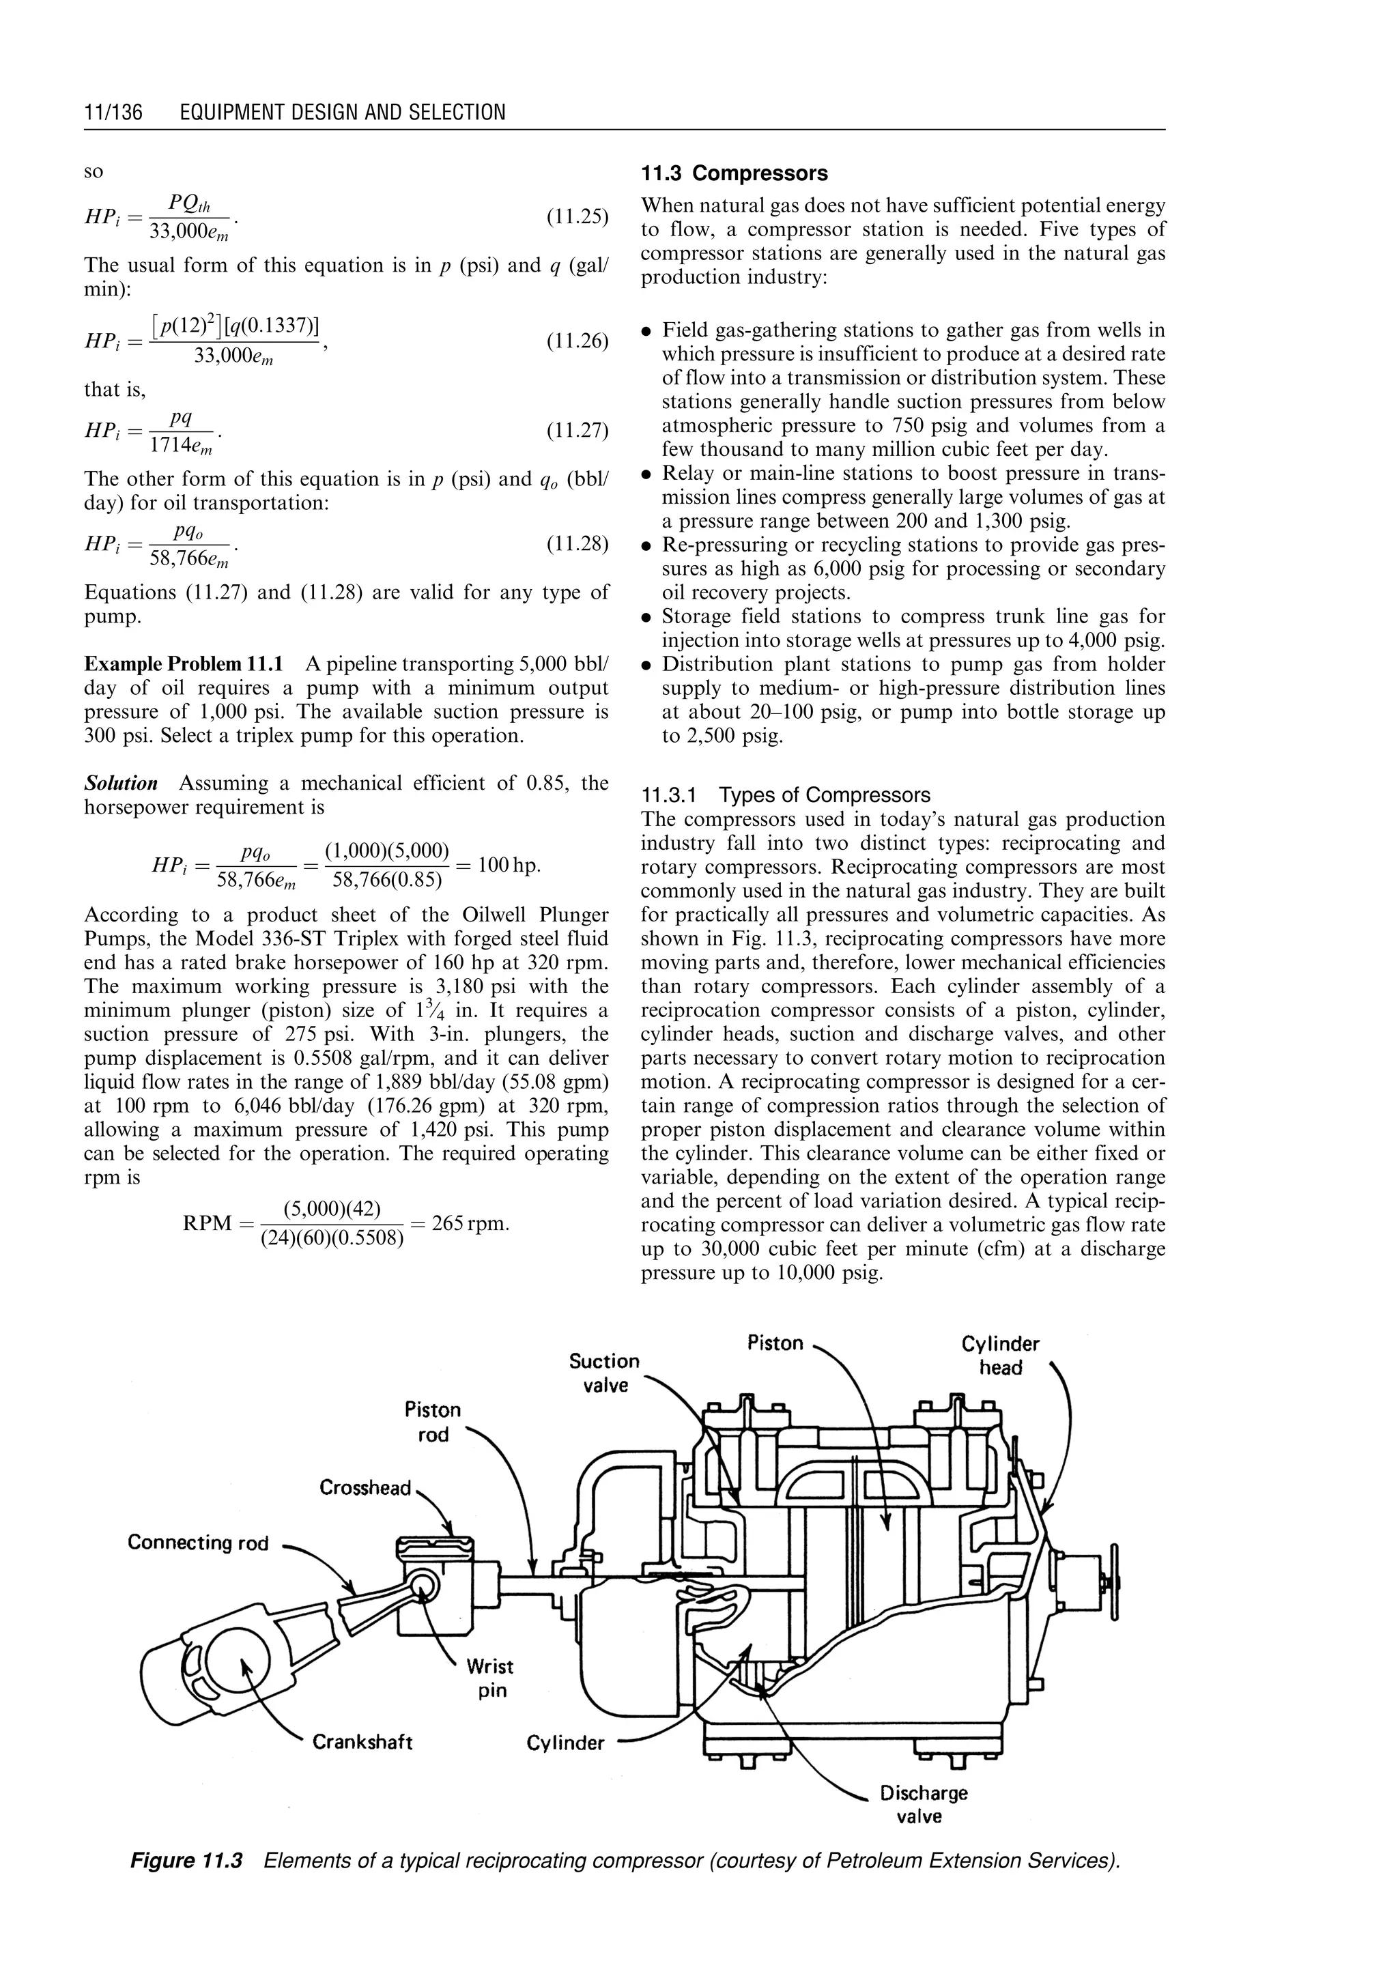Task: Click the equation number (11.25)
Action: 577,216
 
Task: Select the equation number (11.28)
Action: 577,544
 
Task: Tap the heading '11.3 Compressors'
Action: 734,173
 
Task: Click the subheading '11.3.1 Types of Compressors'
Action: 786,795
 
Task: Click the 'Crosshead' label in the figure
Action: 365,1487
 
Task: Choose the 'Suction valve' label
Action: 604,1372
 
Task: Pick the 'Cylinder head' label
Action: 1000,1356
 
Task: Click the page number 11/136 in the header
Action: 113,113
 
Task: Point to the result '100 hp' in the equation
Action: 509,864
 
